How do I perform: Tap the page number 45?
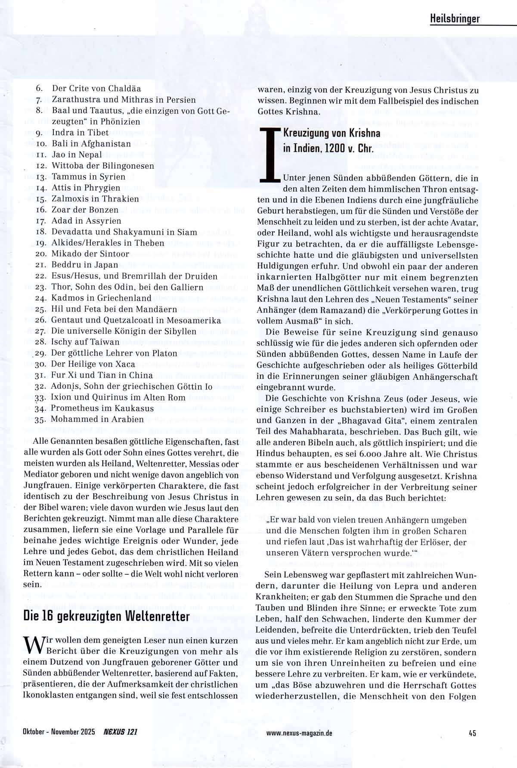472,733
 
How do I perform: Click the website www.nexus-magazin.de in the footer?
299,733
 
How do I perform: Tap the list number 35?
40,420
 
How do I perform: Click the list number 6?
39,88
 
